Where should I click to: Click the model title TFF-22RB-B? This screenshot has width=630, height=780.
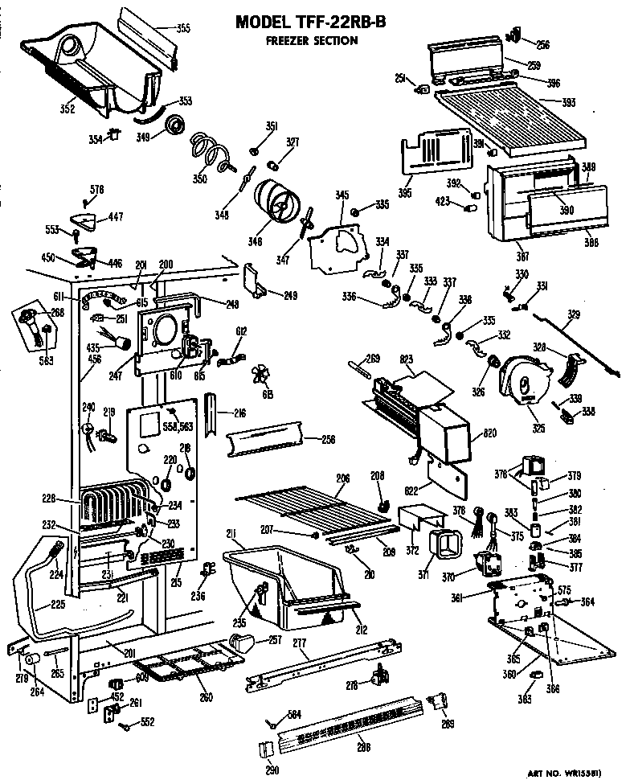309,23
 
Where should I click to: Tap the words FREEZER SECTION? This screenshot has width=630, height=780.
311,41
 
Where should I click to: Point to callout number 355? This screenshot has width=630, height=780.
183,29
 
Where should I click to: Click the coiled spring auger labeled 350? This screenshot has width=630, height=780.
210,150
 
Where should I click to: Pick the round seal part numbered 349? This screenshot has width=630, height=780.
174,126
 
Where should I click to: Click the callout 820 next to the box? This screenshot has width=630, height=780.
491,433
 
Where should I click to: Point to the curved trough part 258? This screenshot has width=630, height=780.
261,441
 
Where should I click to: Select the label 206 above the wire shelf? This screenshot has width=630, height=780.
343,478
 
